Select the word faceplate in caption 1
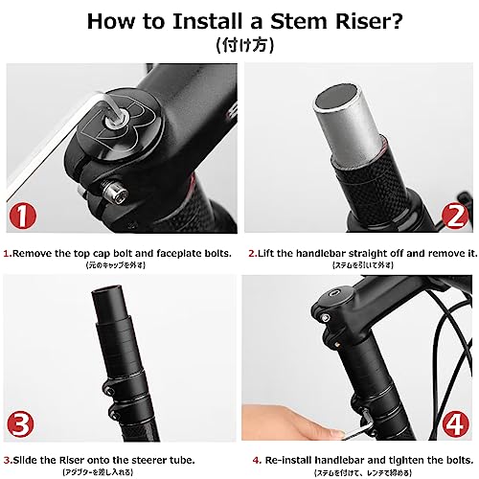pyautogui.click(x=176, y=254)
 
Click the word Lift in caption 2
pyautogui.click(x=270, y=254)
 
